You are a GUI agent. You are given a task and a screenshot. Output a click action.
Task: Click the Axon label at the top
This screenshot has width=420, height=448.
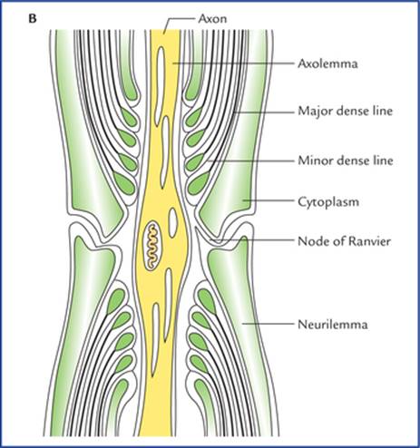click(212, 19)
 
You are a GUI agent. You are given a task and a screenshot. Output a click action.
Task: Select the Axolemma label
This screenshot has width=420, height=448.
click(327, 63)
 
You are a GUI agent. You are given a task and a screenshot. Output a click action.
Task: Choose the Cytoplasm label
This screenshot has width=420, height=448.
click(328, 202)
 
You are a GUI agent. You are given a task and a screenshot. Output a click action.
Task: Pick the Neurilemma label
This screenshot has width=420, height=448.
click(333, 325)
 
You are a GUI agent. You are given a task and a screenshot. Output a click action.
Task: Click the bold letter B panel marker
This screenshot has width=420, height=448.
click(33, 19)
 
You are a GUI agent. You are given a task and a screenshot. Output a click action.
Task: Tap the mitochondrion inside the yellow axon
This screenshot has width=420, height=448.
click(152, 246)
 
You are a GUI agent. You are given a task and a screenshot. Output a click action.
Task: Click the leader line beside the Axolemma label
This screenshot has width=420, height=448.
click(233, 63)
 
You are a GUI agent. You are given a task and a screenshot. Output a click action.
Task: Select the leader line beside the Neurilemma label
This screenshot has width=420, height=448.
click(268, 324)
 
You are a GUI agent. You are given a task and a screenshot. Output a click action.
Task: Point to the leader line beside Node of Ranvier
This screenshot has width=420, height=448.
click(251, 240)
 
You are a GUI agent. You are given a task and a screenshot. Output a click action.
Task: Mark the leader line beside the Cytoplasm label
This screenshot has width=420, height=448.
click(269, 200)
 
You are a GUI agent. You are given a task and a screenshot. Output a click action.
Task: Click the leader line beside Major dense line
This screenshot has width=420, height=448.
click(264, 112)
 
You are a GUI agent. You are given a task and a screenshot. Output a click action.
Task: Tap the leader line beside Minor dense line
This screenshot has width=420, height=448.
click(250, 161)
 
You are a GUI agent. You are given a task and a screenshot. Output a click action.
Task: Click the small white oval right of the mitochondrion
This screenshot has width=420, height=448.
click(173, 219)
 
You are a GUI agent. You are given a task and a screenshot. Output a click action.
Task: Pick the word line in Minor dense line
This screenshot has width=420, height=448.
click(382, 161)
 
